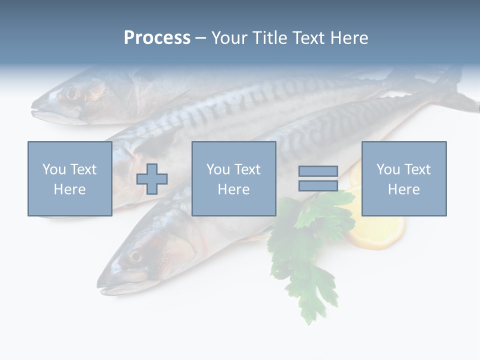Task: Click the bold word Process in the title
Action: point(157,38)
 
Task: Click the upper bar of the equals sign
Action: point(318,171)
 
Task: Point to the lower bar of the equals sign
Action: point(318,185)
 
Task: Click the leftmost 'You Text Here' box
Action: point(69,178)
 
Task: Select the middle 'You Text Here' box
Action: point(233,178)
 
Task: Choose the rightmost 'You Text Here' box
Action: point(403,178)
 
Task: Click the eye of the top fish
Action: point(72,93)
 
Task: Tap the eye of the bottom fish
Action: point(135,257)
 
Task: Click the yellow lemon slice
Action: point(377,230)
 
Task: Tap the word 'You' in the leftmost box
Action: point(54,169)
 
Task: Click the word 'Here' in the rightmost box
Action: point(403,189)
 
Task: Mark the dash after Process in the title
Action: point(201,38)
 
